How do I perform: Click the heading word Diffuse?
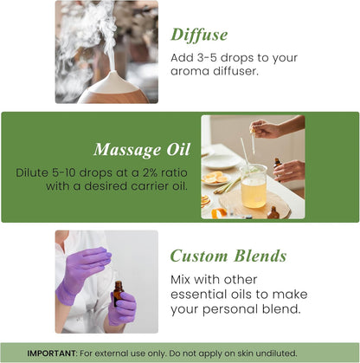[x=199, y=35]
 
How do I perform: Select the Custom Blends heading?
[x=228, y=256]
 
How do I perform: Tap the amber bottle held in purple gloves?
[x=117, y=295]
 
